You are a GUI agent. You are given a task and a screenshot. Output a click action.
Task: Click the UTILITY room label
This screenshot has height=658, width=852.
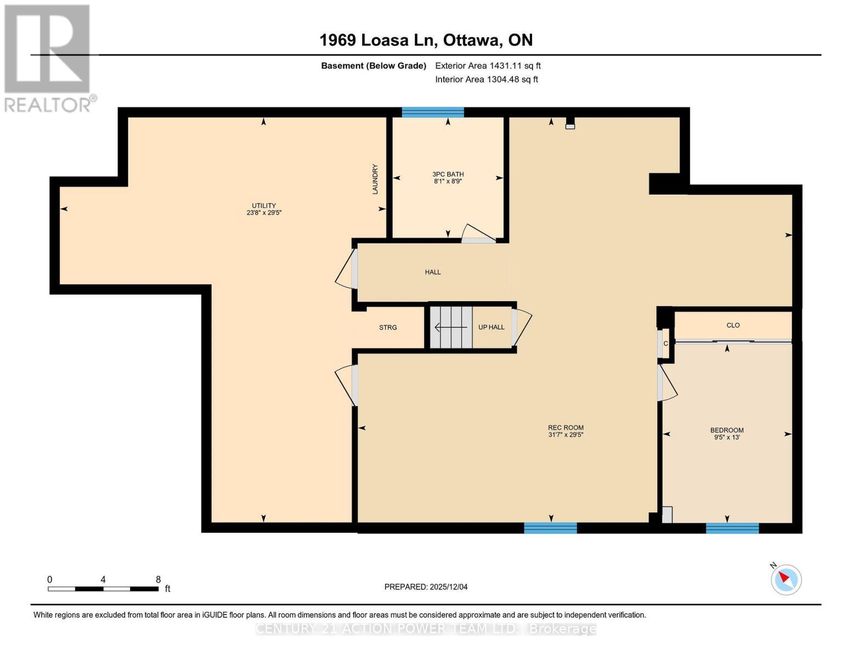pyautogui.click(x=264, y=206)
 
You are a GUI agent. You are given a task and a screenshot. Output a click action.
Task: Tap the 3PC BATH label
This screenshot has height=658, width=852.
pyautogui.click(x=448, y=174)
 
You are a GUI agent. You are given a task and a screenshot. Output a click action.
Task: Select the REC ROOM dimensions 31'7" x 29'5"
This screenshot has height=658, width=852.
pyautogui.click(x=566, y=435)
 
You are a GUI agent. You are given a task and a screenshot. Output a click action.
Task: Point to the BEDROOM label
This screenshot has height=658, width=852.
pyautogui.click(x=727, y=430)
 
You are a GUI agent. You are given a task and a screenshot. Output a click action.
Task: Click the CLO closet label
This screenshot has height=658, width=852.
pyautogui.click(x=733, y=325)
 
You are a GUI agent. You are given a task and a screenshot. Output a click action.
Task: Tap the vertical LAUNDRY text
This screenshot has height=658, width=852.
pyautogui.click(x=375, y=179)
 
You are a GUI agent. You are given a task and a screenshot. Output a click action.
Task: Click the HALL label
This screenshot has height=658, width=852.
pyautogui.click(x=433, y=272)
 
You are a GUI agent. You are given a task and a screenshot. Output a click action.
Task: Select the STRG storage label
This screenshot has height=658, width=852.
pyautogui.click(x=388, y=327)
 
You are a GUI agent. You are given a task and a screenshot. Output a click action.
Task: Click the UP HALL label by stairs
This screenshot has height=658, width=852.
pyautogui.click(x=491, y=327)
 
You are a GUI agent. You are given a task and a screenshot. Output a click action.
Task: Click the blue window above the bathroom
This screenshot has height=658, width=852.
pyautogui.click(x=433, y=112)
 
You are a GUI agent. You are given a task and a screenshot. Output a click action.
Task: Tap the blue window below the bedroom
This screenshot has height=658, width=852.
pyautogui.click(x=732, y=528)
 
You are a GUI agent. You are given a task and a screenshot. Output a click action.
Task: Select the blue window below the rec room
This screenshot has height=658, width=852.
pyautogui.click(x=550, y=528)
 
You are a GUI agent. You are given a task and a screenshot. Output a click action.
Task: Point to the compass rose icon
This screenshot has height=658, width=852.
pyautogui.click(x=786, y=579)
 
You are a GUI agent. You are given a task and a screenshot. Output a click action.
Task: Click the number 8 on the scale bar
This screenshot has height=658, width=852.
pyautogui.click(x=159, y=580)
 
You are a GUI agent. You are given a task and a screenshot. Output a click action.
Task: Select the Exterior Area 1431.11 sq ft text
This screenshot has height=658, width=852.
pyautogui.click(x=488, y=66)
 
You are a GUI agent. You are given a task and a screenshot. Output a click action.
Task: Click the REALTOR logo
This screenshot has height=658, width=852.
pyautogui.click(x=48, y=58)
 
